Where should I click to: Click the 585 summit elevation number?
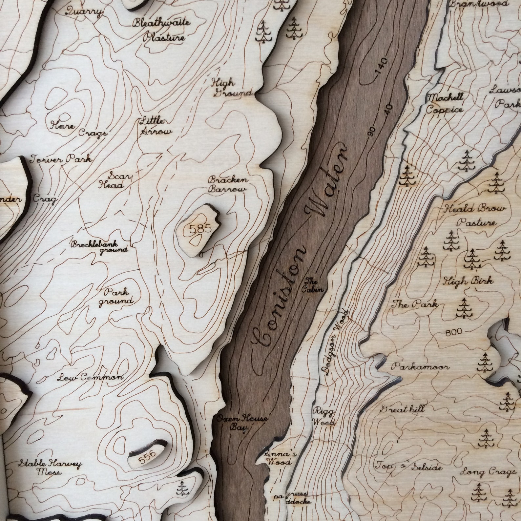click(198, 229)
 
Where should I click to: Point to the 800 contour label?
click(453, 332)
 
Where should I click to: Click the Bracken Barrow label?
click(227, 185)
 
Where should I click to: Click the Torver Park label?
click(61, 160)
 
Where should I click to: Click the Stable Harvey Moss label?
click(50, 468)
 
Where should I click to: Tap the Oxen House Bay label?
click(242, 423)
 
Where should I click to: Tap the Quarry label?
click(83, 12)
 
